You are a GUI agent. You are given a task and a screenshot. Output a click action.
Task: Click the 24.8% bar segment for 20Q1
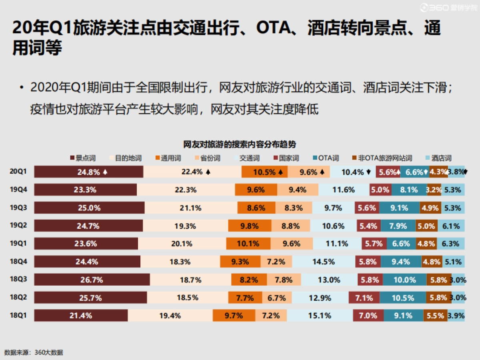[88, 172]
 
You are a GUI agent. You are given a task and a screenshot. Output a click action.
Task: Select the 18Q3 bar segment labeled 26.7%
[92, 280]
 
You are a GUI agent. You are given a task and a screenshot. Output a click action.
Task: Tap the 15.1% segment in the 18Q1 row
[320, 316]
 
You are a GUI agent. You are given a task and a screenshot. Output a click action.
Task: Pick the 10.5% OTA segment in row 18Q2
[403, 298]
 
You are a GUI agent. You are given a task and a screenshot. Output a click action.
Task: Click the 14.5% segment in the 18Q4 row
[323, 262]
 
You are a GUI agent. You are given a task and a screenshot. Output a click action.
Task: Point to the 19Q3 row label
[18, 207]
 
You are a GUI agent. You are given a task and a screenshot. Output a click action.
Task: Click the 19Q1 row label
[18, 243]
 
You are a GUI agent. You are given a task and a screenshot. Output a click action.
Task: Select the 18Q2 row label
[18, 297]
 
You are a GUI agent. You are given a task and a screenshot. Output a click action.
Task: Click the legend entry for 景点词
[83, 158]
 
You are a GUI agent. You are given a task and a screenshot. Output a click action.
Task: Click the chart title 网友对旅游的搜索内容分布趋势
[240, 144]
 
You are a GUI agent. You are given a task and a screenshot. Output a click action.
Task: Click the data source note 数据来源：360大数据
[34, 352]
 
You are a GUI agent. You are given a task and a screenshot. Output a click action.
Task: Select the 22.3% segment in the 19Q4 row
[186, 190]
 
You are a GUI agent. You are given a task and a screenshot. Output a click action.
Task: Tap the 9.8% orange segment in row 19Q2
[249, 226]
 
